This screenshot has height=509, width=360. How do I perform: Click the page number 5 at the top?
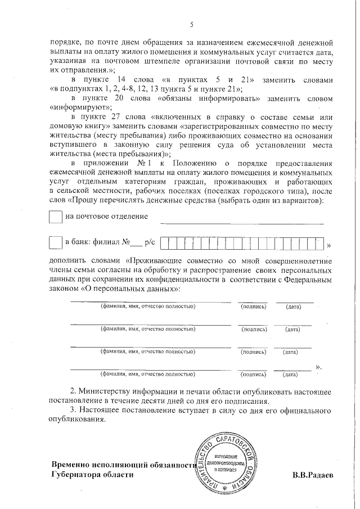tap(191, 24)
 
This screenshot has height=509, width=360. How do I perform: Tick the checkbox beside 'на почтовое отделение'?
tap(56, 217)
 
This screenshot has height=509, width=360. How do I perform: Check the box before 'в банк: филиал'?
tap(56, 242)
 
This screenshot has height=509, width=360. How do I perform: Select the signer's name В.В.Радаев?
tap(313, 475)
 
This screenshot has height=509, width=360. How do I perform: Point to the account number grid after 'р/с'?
tap(242, 243)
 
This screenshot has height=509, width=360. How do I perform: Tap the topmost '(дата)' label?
tap(293, 307)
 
